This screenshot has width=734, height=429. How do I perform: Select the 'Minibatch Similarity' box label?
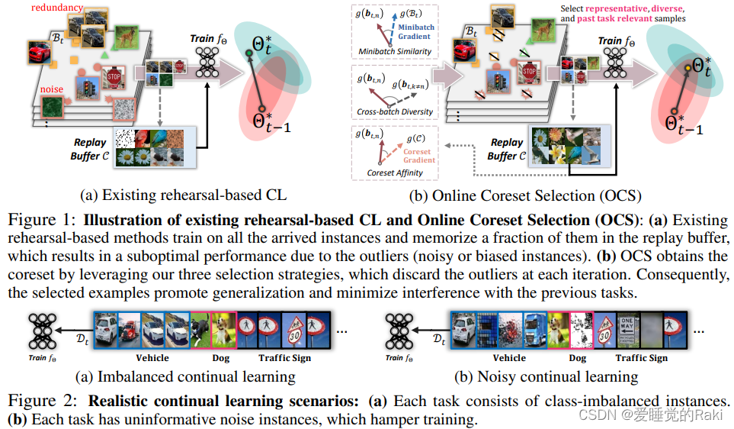click(395, 52)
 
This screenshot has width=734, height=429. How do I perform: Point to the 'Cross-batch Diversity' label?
click(395, 111)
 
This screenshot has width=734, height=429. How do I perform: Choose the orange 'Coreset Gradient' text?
click(419, 156)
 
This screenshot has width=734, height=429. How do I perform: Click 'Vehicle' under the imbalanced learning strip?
click(152, 357)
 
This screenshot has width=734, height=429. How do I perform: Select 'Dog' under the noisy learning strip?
click(578, 357)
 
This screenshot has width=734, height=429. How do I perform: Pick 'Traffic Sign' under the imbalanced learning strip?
click(284, 357)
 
